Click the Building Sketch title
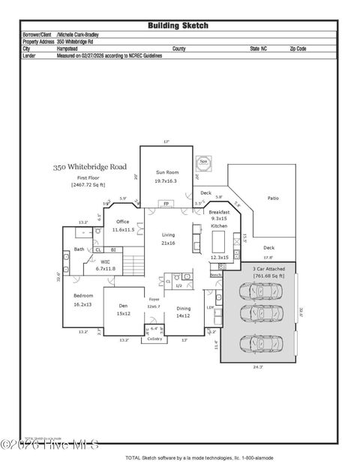(178, 25)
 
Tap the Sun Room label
(167, 172)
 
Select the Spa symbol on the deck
(203, 161)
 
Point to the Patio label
(273, 198)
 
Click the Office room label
(122, 222)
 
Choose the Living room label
(168, 235)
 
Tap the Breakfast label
(219, 212)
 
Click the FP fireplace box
(166, 204)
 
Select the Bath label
(79, 249)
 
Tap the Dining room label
(183, 308)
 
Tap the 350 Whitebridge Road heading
(89, 167)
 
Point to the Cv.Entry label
(154, 338)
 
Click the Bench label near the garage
(215, 275)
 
